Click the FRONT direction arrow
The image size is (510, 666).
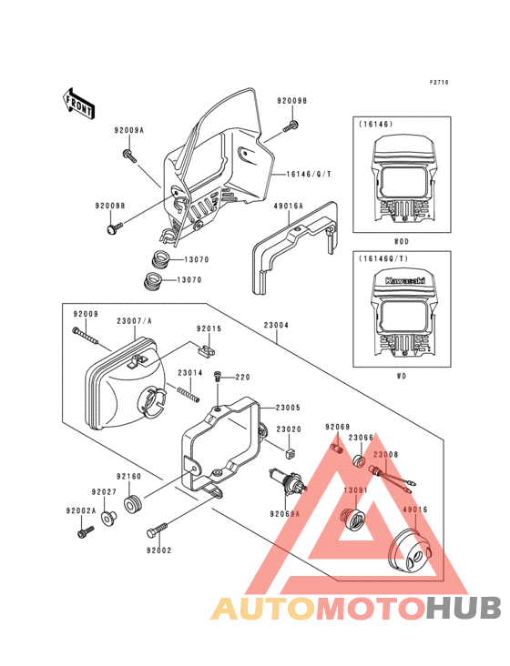(80, 103)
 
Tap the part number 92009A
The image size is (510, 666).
(128, 130)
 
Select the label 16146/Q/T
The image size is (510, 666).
(309, 173)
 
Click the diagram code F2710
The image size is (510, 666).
(440, 83)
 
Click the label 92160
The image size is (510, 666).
(127, 476)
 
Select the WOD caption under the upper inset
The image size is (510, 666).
(401, 242)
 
